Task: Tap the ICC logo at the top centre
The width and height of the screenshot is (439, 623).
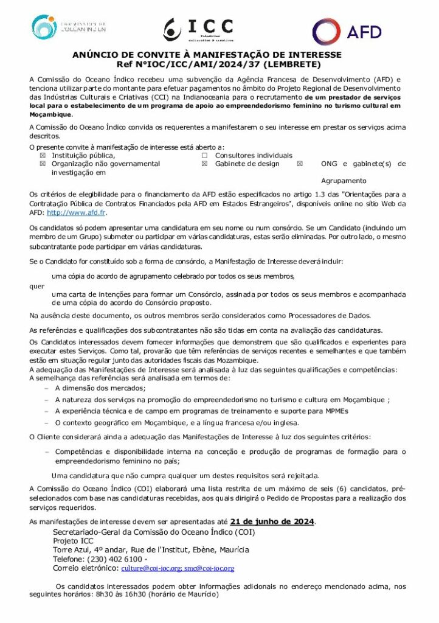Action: coord(199,29)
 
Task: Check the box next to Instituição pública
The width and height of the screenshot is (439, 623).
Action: coord(43,156)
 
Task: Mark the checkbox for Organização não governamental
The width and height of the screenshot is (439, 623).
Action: coord(43,164)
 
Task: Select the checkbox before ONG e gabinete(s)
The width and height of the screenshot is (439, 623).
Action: coord(299,164)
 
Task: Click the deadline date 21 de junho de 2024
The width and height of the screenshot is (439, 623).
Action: coord(272,521)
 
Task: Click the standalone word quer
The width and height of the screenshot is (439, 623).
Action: coord(36,285)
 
